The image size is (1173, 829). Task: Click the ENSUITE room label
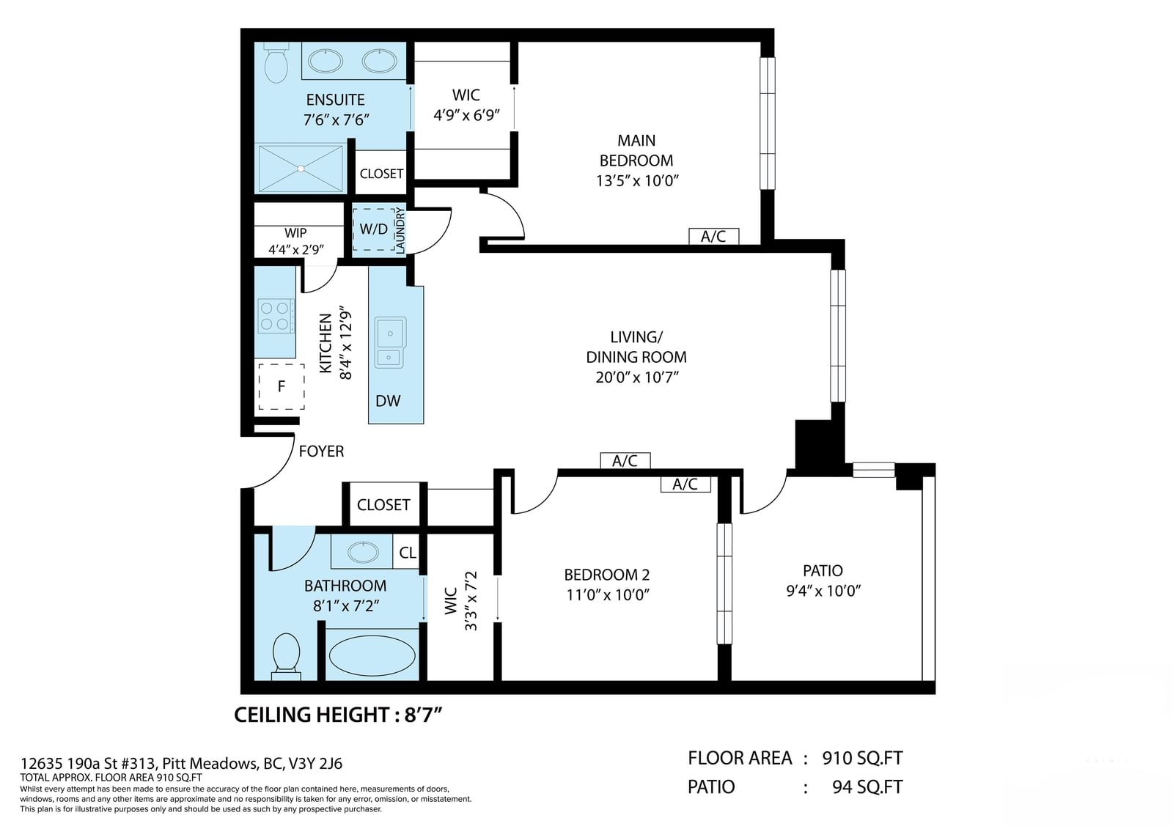(335, 100)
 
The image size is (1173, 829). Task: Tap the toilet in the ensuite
(276, 62)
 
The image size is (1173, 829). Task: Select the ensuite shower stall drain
(301, 169)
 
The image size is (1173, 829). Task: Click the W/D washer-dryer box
(373, 229)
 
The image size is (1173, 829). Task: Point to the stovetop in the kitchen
(276, 316)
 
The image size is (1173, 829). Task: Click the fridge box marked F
(282, 386)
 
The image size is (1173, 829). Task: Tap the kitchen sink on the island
(390, 342)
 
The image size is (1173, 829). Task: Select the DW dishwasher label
(388, 401)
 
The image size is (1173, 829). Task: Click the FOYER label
(321, 451)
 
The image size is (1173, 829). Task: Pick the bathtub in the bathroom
(372, 655)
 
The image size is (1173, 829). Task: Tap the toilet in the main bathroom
(286, 657)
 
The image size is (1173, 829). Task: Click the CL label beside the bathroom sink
(408, 553)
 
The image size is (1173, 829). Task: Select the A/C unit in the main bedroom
(714, 236)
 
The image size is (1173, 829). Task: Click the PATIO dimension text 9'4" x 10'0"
(823, 591)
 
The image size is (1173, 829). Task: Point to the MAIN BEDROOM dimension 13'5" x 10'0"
(637, 180)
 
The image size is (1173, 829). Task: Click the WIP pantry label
(295, 232)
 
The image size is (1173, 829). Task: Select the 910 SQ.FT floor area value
(862, 758)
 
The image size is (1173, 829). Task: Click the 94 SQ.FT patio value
(868, 786)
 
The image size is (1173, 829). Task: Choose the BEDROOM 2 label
(607, 575)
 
